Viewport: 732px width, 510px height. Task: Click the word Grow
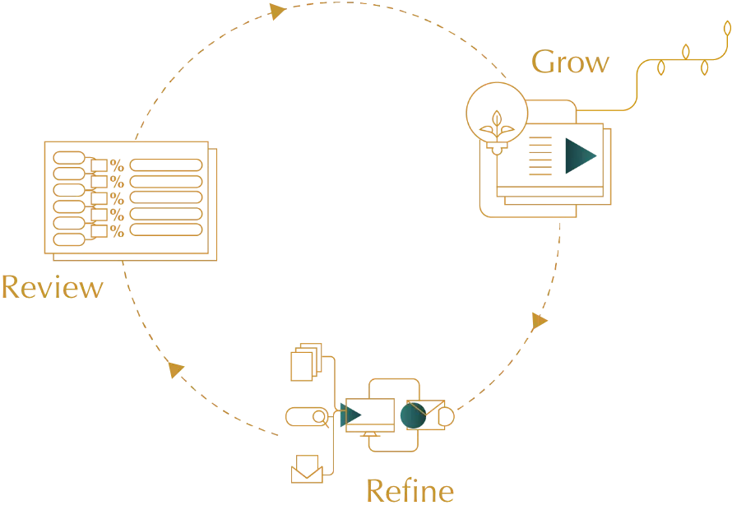click(571, 63)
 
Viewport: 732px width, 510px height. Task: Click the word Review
click(52, 288)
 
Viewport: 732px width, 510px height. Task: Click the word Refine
click(409, 491)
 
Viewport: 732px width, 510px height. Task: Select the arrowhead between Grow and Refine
click(540, 319)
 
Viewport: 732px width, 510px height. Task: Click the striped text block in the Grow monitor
click(539, 157)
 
